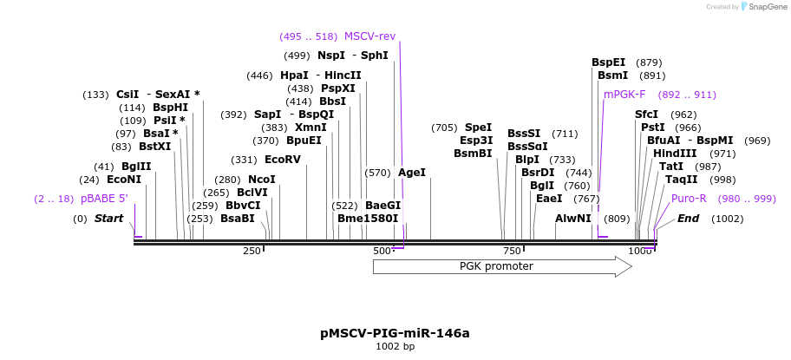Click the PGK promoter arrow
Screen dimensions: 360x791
pos(501,266)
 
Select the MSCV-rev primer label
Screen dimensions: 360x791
pos(369,36)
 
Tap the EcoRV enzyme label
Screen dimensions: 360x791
pos(283,160)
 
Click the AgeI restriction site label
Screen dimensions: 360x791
pos(412,173)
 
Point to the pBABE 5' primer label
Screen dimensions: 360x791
pos(104,199)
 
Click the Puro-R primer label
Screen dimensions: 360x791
pos(689,199)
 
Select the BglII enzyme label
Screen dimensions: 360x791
pos(136,167)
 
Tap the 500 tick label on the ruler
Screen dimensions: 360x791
pos(382,251)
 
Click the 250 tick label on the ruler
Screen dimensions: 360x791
pos(252,251)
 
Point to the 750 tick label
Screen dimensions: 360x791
pos(511,251)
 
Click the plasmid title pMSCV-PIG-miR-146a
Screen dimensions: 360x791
pos(395,333)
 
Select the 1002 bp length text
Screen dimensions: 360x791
pos(395,347)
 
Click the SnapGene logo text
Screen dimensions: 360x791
pos(762,7)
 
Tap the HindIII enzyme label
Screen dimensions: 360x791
pos(675,154)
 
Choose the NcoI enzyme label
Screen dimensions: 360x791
pos(262,180)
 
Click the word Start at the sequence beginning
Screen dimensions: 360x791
pos(109,219)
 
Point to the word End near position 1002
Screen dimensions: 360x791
pos(688,219)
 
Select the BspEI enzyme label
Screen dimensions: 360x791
pos(609,62)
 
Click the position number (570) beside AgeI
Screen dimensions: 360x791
pos(379,173)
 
